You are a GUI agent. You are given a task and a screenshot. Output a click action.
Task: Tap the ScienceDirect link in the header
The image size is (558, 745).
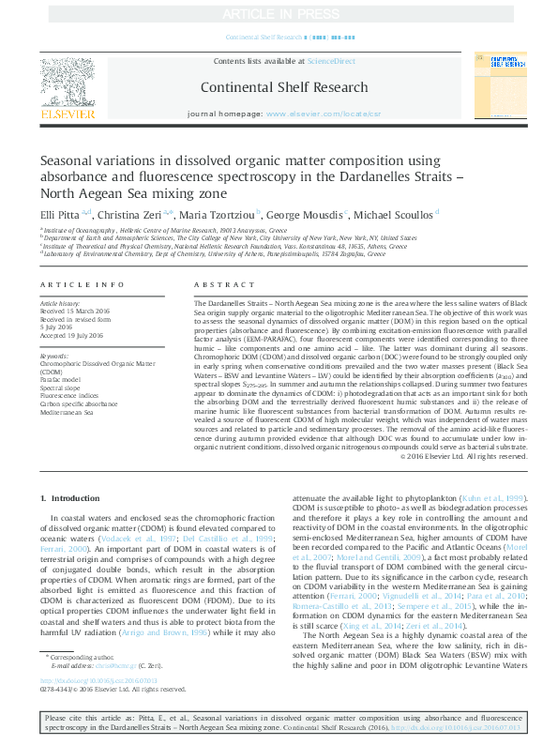pyautogui.click(x=331, y=61)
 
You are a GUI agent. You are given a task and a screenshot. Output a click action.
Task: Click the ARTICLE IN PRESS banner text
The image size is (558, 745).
pyautogui.click(x=279, y=14)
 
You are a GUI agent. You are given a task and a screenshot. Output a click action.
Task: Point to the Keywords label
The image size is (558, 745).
pyautogui.click(x=55, y=357)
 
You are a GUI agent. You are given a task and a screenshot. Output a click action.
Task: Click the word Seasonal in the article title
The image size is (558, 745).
pyautogui.click(x=68, y=160)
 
